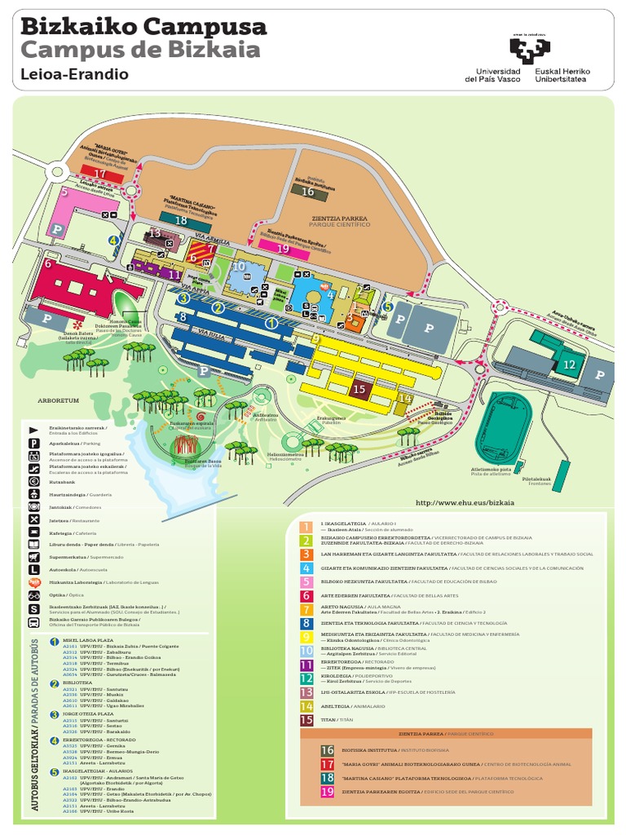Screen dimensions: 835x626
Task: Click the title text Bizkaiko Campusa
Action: [143, 27]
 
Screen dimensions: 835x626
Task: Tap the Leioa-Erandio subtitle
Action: [74, 74]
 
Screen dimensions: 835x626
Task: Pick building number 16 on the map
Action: [307, 191]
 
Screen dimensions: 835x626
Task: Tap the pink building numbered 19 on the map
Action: [283, 249]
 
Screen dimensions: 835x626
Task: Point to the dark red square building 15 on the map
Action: [359, 389]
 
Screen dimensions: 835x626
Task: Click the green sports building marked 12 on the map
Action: [569, 364]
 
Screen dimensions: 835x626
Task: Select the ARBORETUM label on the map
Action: [57, 401]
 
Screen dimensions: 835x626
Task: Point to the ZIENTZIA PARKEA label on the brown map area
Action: [340, 219]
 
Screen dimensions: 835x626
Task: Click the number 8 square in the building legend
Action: [306, 624]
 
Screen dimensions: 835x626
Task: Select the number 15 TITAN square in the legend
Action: [306, 719]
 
